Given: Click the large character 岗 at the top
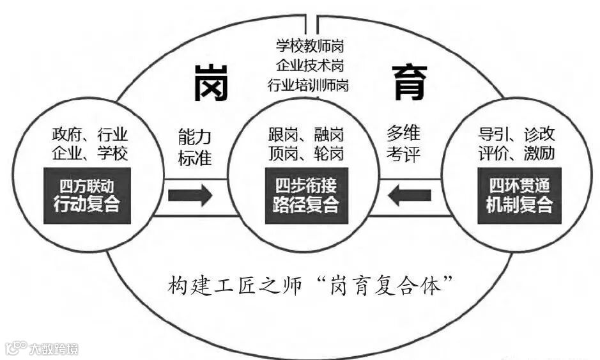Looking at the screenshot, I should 212,84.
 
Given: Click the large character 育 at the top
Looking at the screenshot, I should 409,84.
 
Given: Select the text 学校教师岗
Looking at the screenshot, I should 308,47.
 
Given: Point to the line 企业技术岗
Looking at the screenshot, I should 308,65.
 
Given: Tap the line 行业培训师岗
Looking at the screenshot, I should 308,84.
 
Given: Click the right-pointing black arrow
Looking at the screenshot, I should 190,195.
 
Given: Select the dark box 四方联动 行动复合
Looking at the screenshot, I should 88,196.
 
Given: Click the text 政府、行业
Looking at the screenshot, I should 90,135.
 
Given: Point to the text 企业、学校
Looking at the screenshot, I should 90,153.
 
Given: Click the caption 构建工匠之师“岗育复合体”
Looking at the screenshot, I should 307,285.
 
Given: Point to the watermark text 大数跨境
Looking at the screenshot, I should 54,349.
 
